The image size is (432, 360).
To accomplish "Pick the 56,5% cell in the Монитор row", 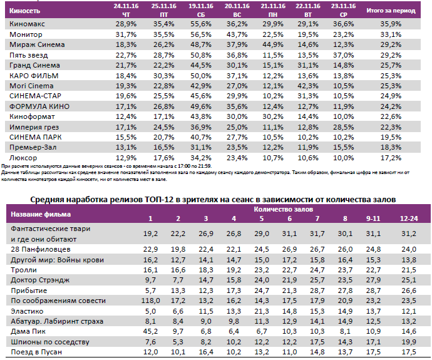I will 200,34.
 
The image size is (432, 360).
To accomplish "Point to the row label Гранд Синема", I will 34,65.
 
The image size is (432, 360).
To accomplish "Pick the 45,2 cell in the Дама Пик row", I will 150,331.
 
